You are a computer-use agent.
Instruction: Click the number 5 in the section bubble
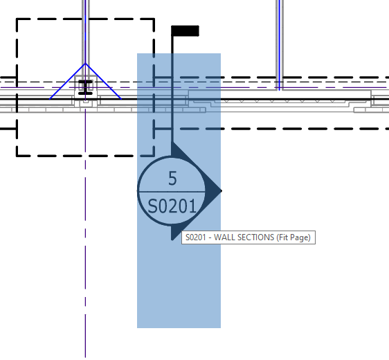[172, 179]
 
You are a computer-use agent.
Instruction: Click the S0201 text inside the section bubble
[172, 205]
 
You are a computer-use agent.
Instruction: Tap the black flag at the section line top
[185, 30]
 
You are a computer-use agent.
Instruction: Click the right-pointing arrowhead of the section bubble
[215, 190]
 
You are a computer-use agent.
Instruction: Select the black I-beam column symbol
[85, 87]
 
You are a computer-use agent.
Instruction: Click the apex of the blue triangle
[85, 64]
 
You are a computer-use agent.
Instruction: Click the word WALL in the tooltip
[228, 238]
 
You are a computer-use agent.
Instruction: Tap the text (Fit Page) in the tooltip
[293, 238]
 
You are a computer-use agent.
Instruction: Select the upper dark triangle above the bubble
[176, 149]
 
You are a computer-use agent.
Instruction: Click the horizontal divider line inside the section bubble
[172, 190]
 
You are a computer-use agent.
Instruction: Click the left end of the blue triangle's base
[51, 98]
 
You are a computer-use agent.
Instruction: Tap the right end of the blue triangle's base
[120, 98]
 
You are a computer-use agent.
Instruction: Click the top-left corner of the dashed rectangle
[17, 19]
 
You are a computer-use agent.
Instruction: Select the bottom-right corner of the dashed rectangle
[154, 155]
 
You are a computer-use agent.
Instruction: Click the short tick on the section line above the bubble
[163, 128]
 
